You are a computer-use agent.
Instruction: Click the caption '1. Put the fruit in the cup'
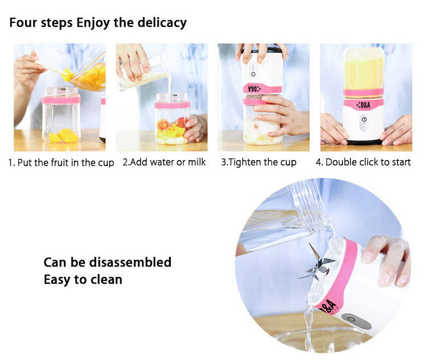coord(61,162)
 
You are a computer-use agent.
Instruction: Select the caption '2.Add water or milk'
coord(164,162)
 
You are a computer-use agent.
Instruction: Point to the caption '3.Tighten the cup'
coord(258,162)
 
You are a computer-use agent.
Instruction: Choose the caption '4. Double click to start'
coord(363,162)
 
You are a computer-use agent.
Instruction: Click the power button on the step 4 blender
coord(363,120)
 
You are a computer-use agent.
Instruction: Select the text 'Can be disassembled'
coord(107,263)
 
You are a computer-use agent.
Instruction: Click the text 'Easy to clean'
coord(83,280)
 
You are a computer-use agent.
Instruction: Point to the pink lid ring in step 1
coord(60,99)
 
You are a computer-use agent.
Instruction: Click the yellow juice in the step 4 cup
coord(363,71)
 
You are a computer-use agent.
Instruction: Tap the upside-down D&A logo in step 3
coord(253,89)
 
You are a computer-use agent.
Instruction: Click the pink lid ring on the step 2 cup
coord(171,105)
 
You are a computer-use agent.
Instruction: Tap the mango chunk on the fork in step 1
coord(68,74)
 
